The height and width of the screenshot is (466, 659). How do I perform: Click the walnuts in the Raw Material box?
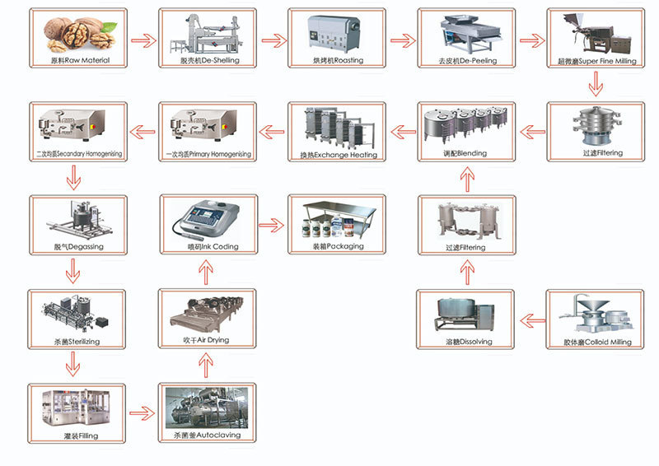(79, 34)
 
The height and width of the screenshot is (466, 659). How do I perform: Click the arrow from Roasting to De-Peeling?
(403, 41)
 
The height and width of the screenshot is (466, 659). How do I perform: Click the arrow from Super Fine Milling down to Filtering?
(596, 84)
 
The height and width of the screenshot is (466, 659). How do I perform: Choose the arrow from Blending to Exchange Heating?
(403, 132)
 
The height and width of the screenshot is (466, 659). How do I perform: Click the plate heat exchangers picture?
(339, 128)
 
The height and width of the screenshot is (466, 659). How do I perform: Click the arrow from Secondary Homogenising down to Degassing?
(73, 177)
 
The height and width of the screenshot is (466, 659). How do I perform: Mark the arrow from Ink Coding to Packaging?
(271, 225)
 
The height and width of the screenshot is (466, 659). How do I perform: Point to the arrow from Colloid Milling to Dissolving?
(532, 320)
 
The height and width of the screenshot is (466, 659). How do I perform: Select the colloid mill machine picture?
(596, 315)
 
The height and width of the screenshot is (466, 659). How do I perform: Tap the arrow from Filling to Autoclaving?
(142, 413)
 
